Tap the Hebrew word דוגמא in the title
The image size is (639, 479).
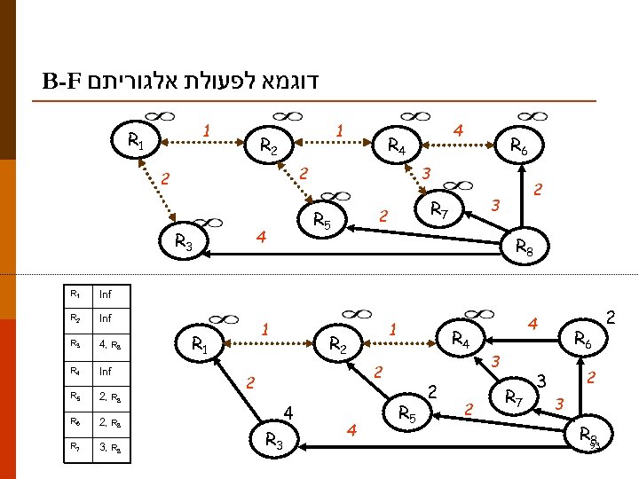(283, 84)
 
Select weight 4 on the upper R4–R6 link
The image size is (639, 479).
(458, 130)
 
